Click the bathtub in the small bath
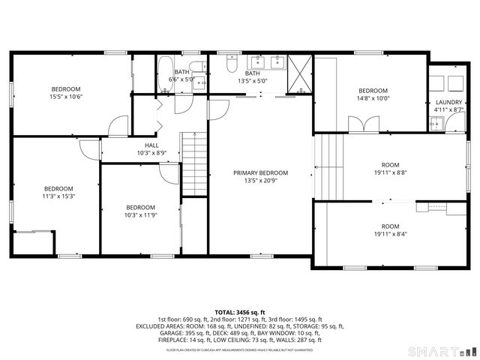point(165,74)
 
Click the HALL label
point(151,145)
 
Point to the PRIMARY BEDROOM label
point(260,172)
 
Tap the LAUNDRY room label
point(448,102)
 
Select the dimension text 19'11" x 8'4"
point(390,234)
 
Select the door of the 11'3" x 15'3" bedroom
point(88,151)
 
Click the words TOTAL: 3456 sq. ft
point(240,311)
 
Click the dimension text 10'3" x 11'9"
point(140,215)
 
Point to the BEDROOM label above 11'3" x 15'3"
point(58,188)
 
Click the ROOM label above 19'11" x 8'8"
point(390,165)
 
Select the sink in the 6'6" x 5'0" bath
point(198,84)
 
